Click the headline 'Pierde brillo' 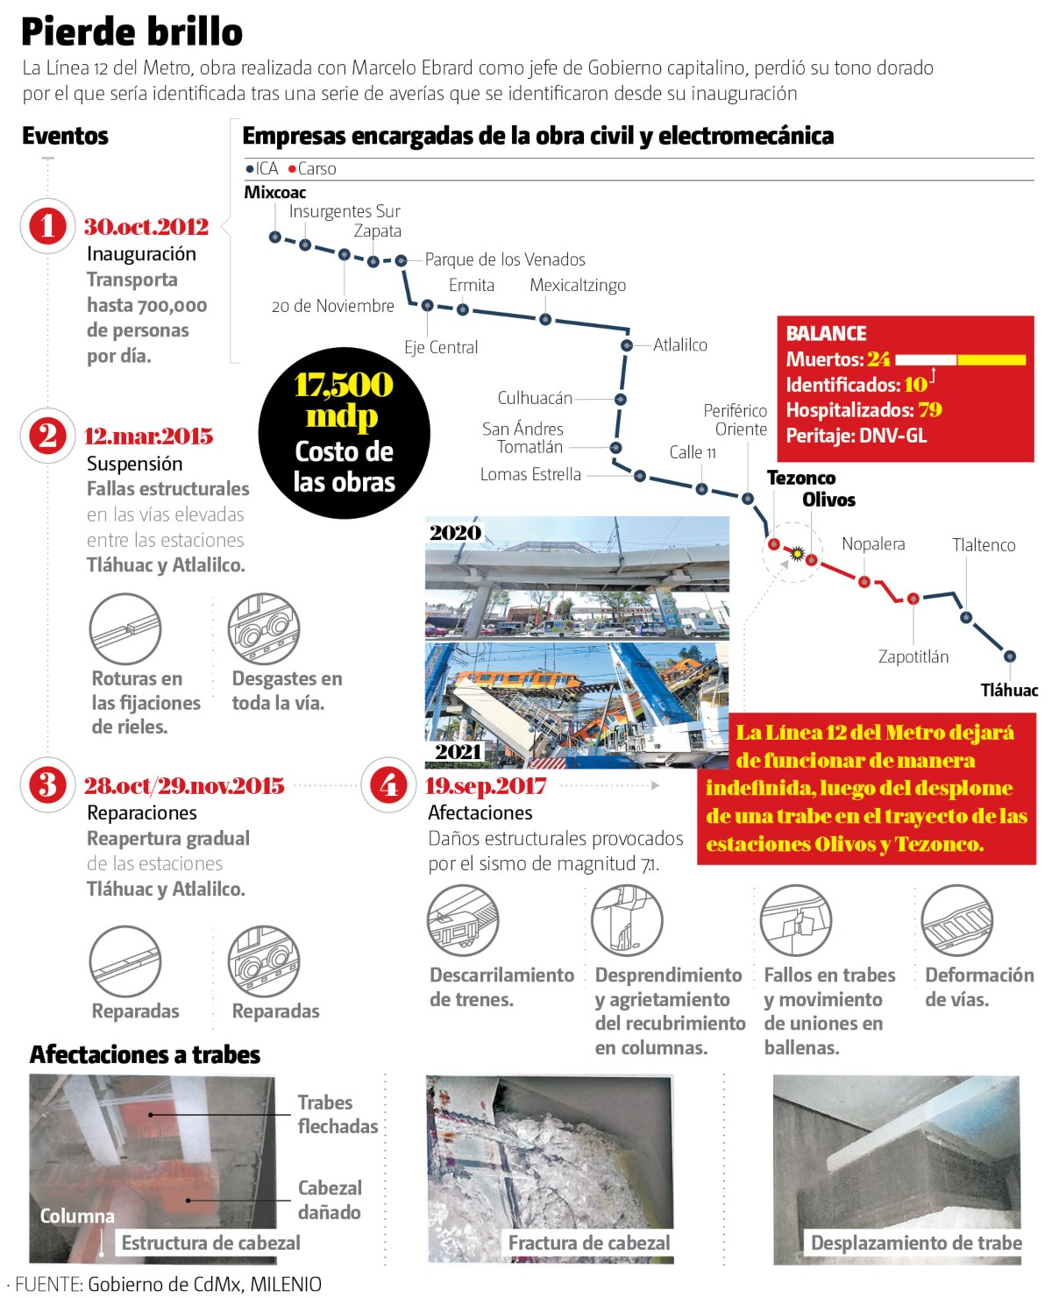[131, 32]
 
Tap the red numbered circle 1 [47, 226]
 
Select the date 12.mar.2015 [148, 436]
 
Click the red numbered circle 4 [388, 784]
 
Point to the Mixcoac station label [274, 192]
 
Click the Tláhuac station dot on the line [1010, 656]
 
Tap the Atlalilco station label [679, 344]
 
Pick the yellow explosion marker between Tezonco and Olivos [797, 553]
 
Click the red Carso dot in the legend [292, 169]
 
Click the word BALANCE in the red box [826, 333]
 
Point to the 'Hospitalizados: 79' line [863, 410]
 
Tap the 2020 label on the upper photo [455, 532]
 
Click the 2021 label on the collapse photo [458, 751]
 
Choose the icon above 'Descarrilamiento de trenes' [463, 920]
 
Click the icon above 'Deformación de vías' [956, 920]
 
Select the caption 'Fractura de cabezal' [588, 1243]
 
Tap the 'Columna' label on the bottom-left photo [77, 1216]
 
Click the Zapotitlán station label [913, 656]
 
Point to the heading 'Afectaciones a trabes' [145, 1054]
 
